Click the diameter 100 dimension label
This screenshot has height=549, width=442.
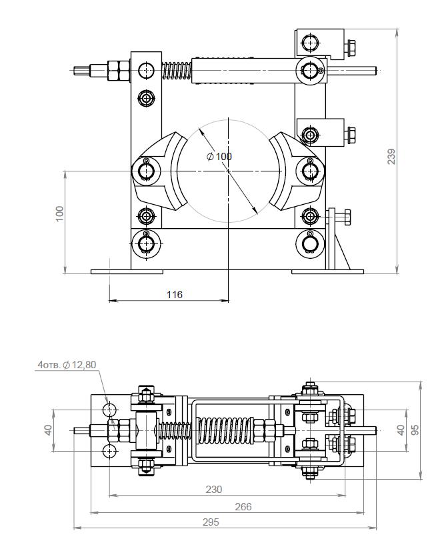[x=220, y=156]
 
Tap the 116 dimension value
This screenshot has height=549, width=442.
[x=175, y=294]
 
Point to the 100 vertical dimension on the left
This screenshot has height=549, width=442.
[x=59, y=213]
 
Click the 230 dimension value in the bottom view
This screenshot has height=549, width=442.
[x=213, y=489]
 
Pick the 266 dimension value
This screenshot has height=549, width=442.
[x=244, y=506]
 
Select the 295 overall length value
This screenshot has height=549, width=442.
[x=211, y=522]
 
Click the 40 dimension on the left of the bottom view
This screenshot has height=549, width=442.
[x=48, y=430]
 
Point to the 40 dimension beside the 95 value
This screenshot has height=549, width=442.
[x=400, y=430]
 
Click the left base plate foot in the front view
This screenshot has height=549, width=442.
[x=127, y=271]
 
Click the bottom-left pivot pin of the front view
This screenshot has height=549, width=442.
[x=145, y=243]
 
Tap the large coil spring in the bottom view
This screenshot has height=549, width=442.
[x=227, y=430]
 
